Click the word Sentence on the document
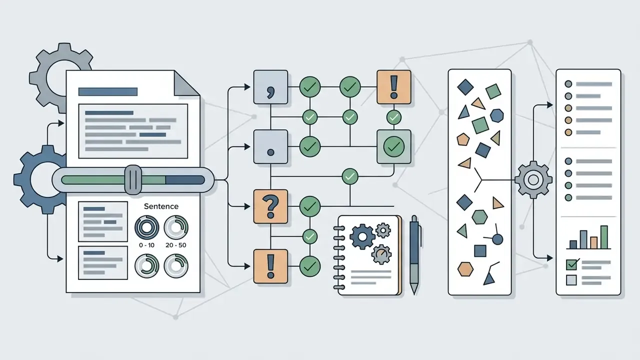161,206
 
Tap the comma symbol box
270,87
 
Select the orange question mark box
270,206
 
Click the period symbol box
270,147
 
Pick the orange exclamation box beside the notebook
270,266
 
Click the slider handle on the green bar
133,179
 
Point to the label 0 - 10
146,245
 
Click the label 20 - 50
175,245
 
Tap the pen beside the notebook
414,255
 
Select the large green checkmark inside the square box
393,147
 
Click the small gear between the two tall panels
533,180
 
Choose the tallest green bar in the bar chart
604,237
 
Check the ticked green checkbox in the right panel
571,265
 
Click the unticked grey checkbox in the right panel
571,280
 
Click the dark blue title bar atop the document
107,91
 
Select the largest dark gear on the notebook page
362,237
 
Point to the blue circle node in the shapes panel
497,239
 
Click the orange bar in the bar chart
593,243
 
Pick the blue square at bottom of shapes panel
480,251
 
